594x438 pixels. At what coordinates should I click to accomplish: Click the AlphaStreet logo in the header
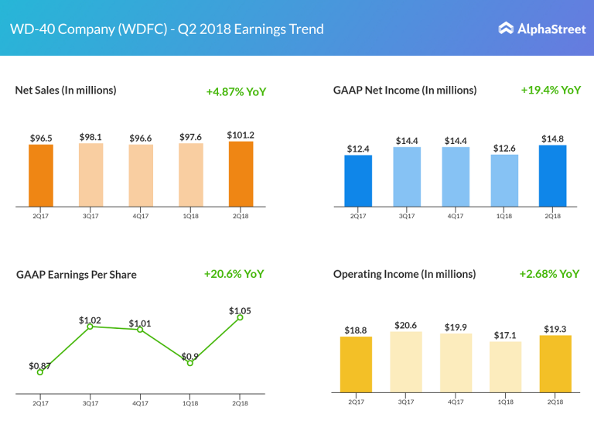pyautogui.click(x=539, y=29)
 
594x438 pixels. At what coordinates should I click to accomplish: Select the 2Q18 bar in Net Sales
pyautogui.click(x=241, y=174)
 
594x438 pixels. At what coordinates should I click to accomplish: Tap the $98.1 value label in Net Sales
pyautogui.click(x=90, y=137)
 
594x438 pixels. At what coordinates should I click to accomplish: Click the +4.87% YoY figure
pyautogui.click(x=236, y=91)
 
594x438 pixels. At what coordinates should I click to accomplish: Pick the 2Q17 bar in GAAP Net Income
pyautogui.click(x=358, y=181)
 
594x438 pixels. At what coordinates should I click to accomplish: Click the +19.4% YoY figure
pyautogui.click(x=551, y=90)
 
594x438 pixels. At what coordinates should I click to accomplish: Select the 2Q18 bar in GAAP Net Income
pyautogui.click(x=553, y=176)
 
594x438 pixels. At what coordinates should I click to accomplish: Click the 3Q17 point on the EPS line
pyautogui.click(x=90, y=327)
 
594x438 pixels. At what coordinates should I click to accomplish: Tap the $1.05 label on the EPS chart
pyautogui.click(x=240, y=310)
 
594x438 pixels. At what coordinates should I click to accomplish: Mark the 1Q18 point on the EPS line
pyautogui.click(x=189, y=363)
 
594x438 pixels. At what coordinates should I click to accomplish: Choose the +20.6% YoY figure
pyautogui.click(x=234, y=274)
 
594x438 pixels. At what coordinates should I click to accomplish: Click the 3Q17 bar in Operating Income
pyautogui.click(x=406, y=361)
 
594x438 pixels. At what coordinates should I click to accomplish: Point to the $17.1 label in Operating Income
pyautogui.click(x=505, y=335)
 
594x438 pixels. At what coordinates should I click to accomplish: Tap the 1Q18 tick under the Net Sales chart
pyautogui.click(x=190, y=216)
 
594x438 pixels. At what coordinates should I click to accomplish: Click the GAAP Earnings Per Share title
pyautogui.click(x=76, y=274)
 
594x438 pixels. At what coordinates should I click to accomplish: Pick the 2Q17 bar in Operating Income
pyautogui.click(x=356, y=364)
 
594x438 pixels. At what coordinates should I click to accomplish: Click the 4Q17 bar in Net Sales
pyautogui.click(x=141, y=176)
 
